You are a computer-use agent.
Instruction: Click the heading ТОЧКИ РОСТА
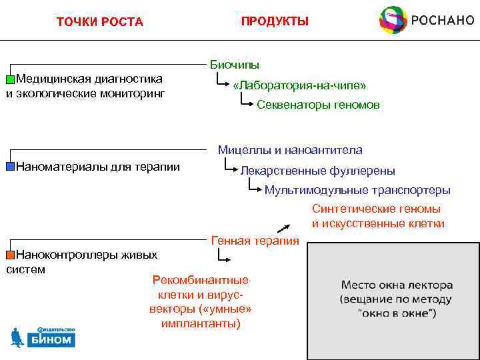click(x=100, y=22)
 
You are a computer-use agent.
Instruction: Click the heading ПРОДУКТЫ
click(x=275, y=21)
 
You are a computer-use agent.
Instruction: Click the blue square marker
click(x=10, y=166)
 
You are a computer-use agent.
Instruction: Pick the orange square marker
click(x=10, y=255)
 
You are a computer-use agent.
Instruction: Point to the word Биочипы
click(x=235, y=65)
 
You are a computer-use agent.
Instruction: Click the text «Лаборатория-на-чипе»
click(x=299, y=86)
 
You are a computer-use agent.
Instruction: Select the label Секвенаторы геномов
click(x=318, y=105)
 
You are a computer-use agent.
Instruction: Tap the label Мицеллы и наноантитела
click(x=290, y=151)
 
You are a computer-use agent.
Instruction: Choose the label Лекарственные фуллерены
click(x=317, y=171)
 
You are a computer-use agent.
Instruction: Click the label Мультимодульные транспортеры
click(x=357, y=190)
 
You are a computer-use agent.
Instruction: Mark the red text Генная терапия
click(x=255, y=241)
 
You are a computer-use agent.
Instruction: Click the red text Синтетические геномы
click(x=376, y=209)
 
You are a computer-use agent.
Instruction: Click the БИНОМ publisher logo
click(x=43, y=337)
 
